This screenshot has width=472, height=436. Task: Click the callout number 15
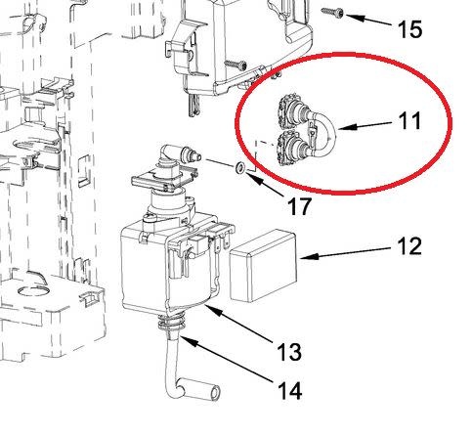[409, 29]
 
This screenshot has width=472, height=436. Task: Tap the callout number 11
[409, 121]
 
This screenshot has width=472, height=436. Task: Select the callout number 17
[299, 206]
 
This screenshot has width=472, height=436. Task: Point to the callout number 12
[409, 246]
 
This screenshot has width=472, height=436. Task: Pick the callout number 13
[289, 352]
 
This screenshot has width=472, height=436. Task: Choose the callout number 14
[289, 391]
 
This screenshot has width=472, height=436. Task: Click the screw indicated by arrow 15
[332, 13]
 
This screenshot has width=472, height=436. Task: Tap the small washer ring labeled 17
[240, 167]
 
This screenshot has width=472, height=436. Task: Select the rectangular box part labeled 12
[264, 266]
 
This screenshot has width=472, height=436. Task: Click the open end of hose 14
[215, 394]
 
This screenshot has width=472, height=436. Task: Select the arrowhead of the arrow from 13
[213, 310]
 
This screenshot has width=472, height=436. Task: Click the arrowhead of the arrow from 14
[189, 341]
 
